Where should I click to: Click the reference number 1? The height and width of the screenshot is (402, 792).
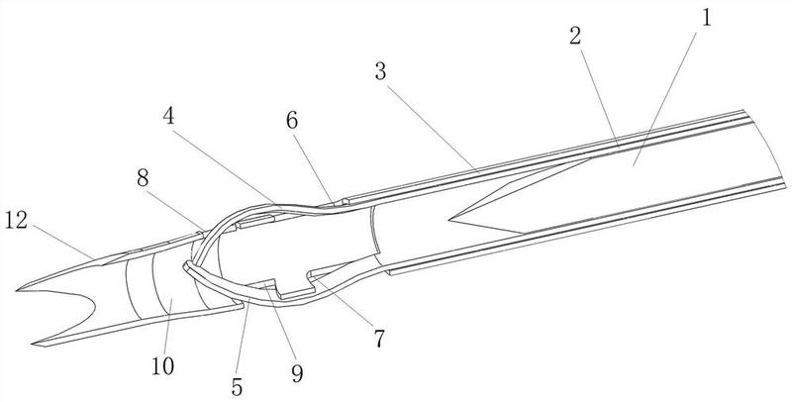[x=706, y=18]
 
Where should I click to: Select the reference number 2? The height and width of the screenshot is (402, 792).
[x=575, y=36]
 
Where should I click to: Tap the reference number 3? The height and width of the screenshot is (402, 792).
[x=380, y=72]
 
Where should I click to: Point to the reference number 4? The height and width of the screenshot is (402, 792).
[x=168, y=116]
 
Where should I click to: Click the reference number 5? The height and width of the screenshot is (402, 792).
[x=237, y=387]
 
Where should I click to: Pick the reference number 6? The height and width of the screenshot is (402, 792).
[x=292, y=121]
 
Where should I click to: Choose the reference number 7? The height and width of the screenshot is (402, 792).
[x=379, y=339]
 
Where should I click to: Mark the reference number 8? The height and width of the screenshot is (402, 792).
[x=143, y=179]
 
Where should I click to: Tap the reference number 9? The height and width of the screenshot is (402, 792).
[x=298, y=373]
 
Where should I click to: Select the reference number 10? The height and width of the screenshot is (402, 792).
[x=162, y=366]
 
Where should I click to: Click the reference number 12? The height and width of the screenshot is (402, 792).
[x=16, y=221]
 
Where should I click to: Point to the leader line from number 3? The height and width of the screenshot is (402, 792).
[x=433, y=130]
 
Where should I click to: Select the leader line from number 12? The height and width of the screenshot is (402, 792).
[x=63, y=243]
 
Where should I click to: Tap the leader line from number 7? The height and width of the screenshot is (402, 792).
[x=344, y=304]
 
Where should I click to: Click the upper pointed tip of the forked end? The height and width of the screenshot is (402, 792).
[x=17, y=290]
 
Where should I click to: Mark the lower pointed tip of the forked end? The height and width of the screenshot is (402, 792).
[x=34, y=345]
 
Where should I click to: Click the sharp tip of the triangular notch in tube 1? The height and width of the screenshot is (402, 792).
[x=449, y=220]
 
